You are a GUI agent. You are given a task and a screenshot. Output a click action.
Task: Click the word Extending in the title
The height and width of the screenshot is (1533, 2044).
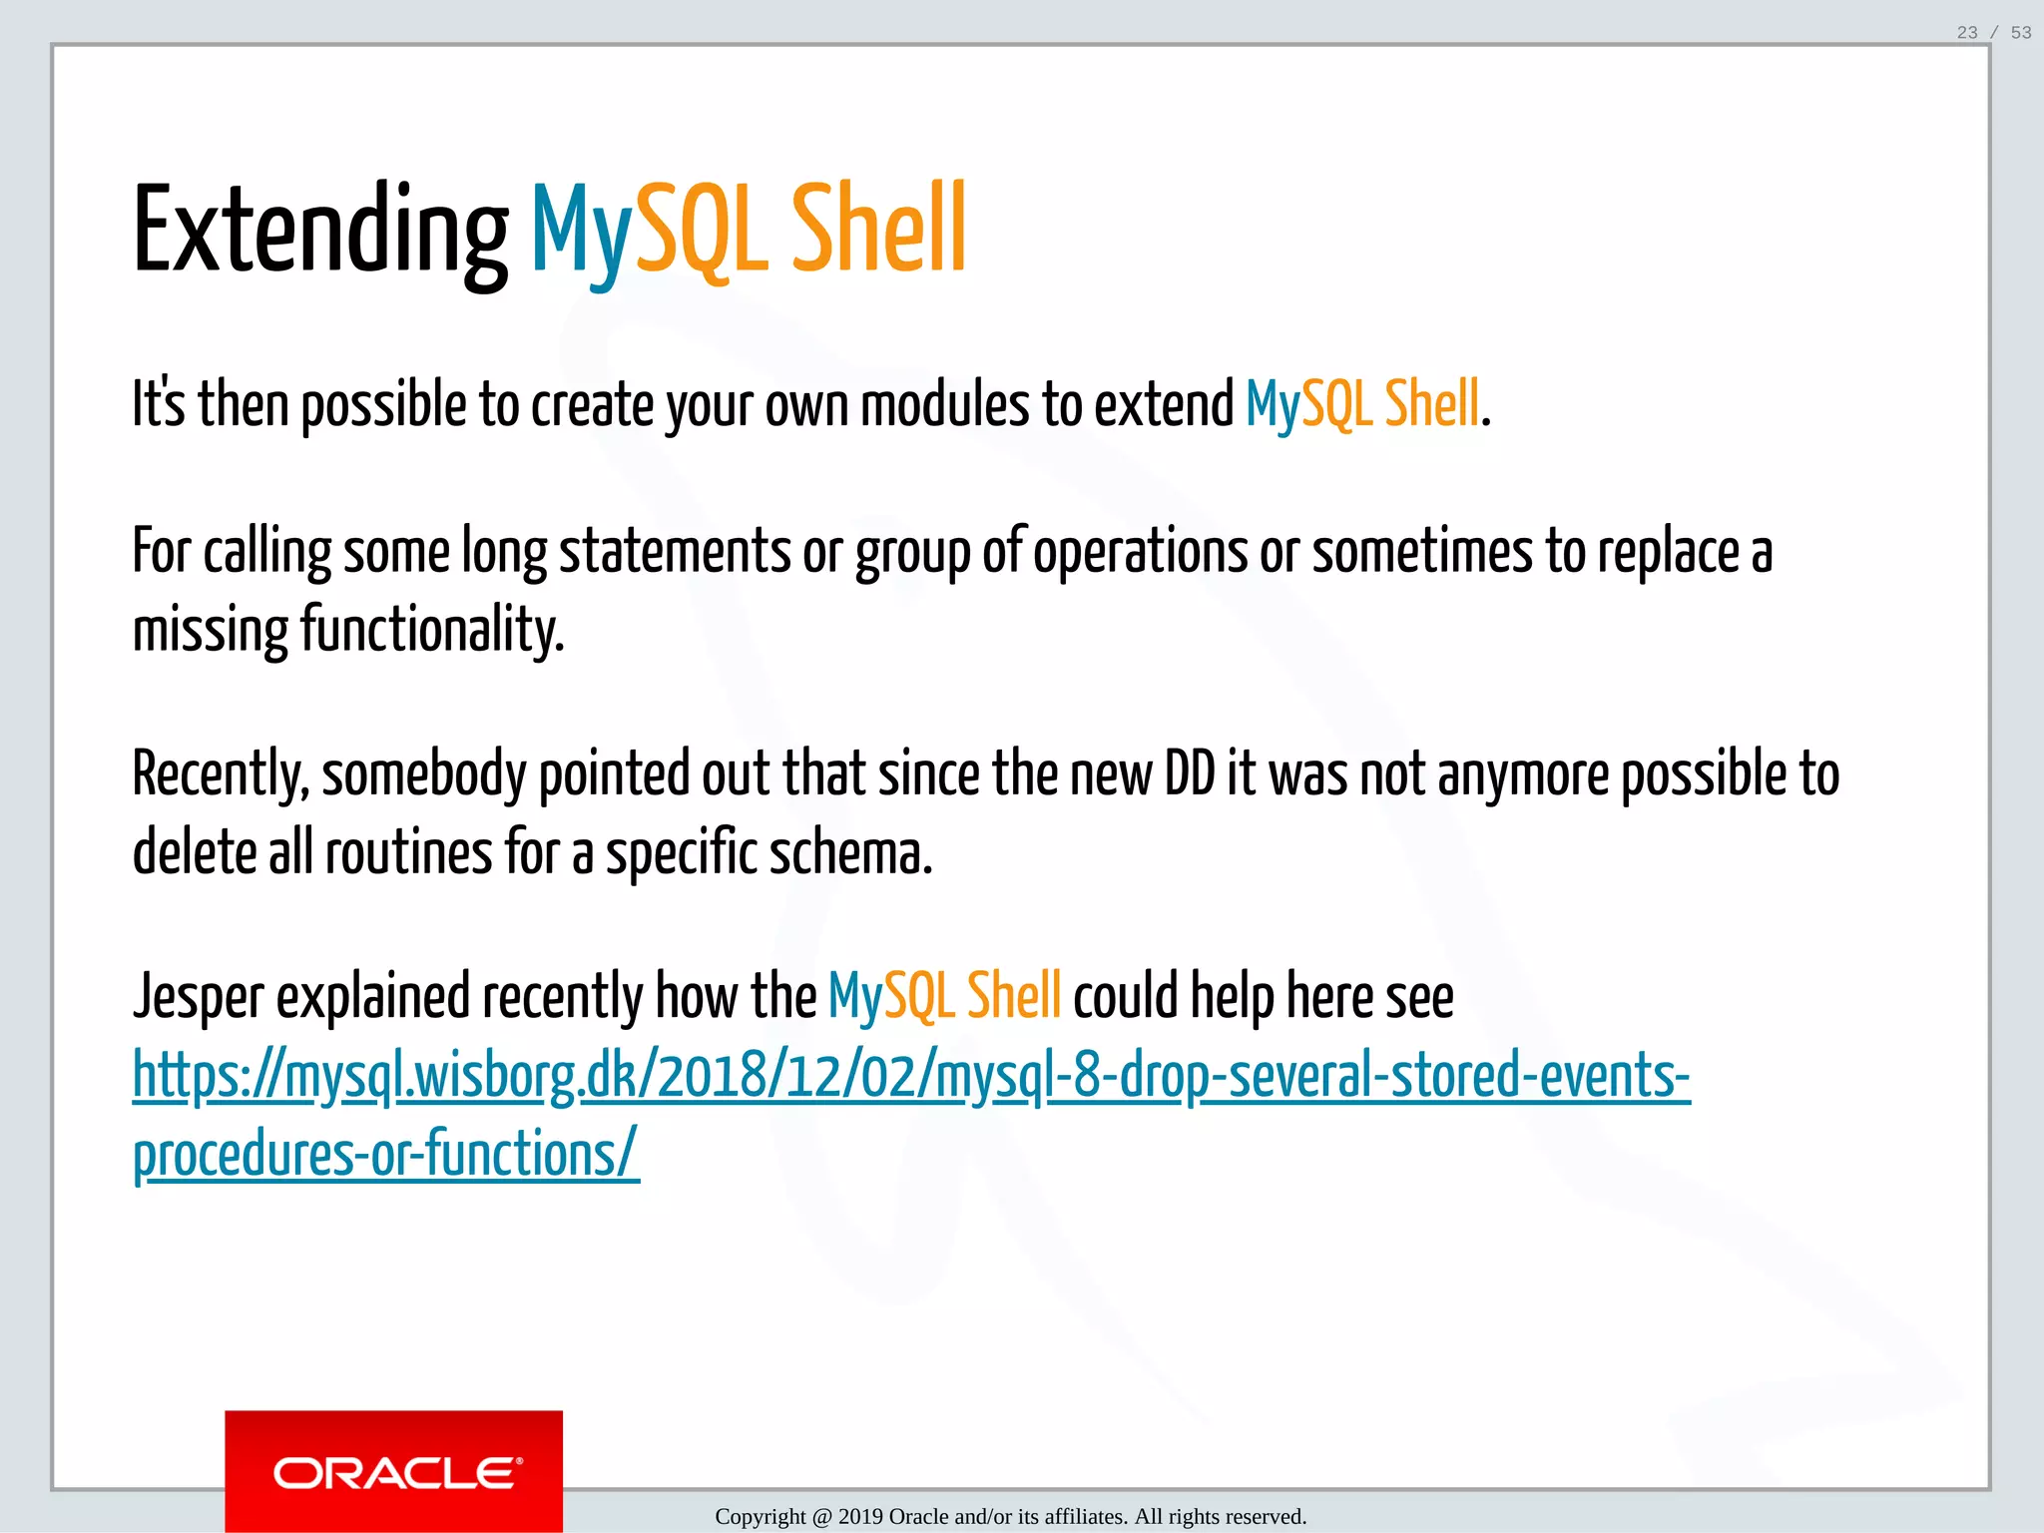319,232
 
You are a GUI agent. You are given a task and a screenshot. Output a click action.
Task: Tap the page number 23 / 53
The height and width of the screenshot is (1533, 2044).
1993,33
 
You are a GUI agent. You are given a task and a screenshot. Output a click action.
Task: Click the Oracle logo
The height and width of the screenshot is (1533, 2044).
393,1472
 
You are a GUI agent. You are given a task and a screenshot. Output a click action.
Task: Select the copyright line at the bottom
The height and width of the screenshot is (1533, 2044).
1010,1517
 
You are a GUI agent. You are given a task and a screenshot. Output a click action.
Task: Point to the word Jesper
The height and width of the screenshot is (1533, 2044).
199,997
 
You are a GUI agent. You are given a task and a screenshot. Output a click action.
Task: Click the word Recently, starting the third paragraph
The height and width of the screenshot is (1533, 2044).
220,775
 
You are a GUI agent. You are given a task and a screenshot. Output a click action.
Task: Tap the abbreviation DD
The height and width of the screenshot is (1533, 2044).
1190,774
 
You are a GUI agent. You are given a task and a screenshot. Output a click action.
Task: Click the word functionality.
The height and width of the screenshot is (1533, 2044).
432,631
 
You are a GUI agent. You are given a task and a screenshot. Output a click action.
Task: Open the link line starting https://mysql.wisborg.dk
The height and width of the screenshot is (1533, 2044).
910,1077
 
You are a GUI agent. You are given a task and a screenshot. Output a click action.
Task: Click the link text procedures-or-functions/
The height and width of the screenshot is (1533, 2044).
385,1156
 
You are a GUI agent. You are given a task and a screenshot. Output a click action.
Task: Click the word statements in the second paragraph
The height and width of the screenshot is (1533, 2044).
675,552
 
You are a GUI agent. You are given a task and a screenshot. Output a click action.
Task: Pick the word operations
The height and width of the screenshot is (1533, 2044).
1139,552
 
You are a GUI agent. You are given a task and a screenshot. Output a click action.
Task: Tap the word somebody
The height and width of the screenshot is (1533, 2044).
423,775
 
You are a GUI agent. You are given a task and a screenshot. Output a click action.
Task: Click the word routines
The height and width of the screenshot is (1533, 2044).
409,854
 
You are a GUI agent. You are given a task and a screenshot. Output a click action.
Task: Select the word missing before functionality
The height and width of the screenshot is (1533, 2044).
211,631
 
